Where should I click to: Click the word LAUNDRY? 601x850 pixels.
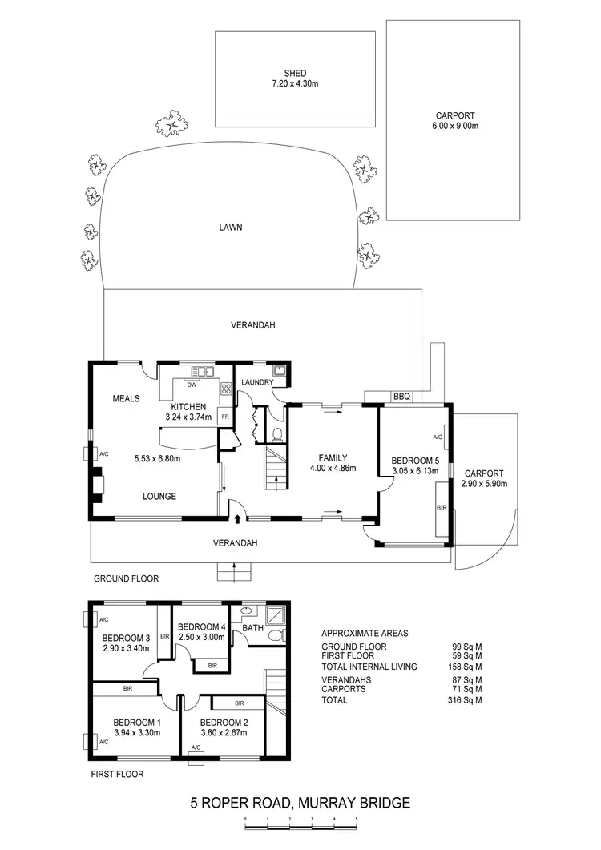(256, 382)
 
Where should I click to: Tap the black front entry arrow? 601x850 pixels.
(237, 508)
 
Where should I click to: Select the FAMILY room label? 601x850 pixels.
(332, 458)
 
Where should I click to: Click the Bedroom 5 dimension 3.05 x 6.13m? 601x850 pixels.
(413, 471)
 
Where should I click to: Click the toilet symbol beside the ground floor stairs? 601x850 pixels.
(277, 435)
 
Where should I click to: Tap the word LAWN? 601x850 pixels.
(231, 227)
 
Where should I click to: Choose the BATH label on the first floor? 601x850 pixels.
(252, 628)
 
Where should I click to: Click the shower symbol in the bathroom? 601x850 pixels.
(276, 614)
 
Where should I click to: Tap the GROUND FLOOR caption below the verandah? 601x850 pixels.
(127, 578)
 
